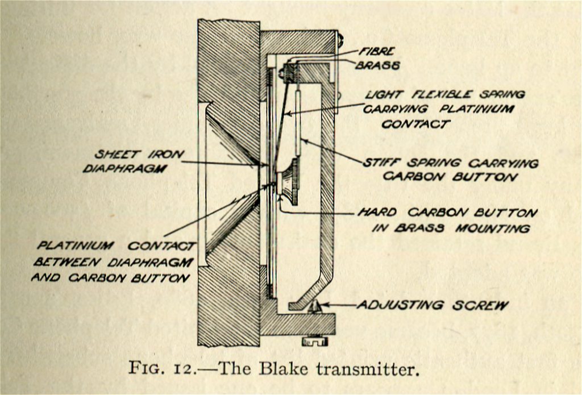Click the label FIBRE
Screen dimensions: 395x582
tap(377, 52)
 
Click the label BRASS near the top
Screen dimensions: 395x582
tap(377, 65)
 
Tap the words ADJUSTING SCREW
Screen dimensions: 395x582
tap(432, 305)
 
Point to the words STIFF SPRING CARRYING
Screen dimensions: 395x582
tap(450, 163)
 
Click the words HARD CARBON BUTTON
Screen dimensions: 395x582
tap(447, 213)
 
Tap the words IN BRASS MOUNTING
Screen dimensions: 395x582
tap(451, 228)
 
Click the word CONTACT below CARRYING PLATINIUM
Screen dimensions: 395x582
tap(416, 124)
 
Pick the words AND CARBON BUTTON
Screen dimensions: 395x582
tap(110, 278)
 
